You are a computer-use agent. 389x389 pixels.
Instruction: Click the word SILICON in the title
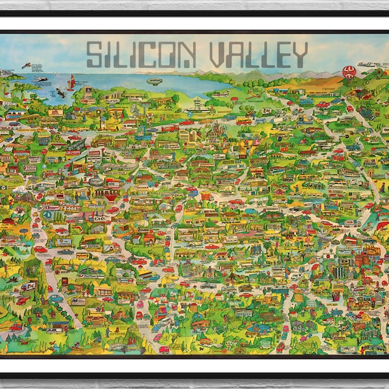(x=139, y=55)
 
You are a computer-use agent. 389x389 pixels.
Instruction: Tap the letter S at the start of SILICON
(x=94, y=55)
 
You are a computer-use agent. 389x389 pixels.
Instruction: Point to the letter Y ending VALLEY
(x=298, y=55)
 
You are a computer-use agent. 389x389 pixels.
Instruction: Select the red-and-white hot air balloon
(x=349, y=71)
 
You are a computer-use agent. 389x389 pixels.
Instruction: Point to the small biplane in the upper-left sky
(x=27, y=65)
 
